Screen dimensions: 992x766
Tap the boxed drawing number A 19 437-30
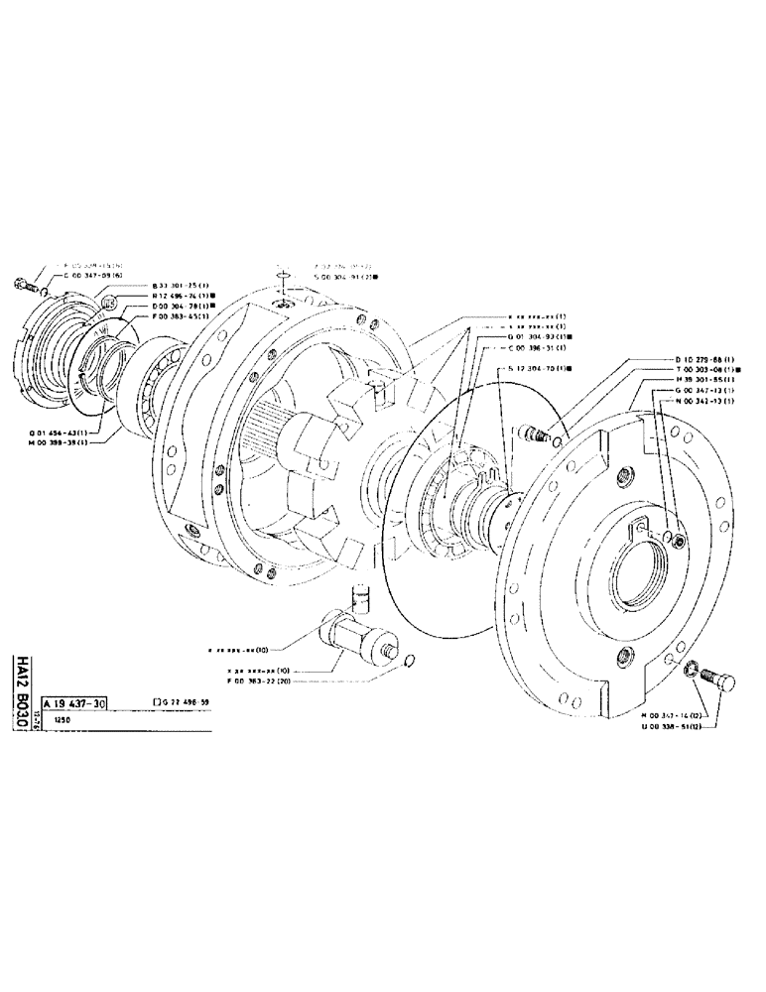pyautogui.click(x=73, y=702)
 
